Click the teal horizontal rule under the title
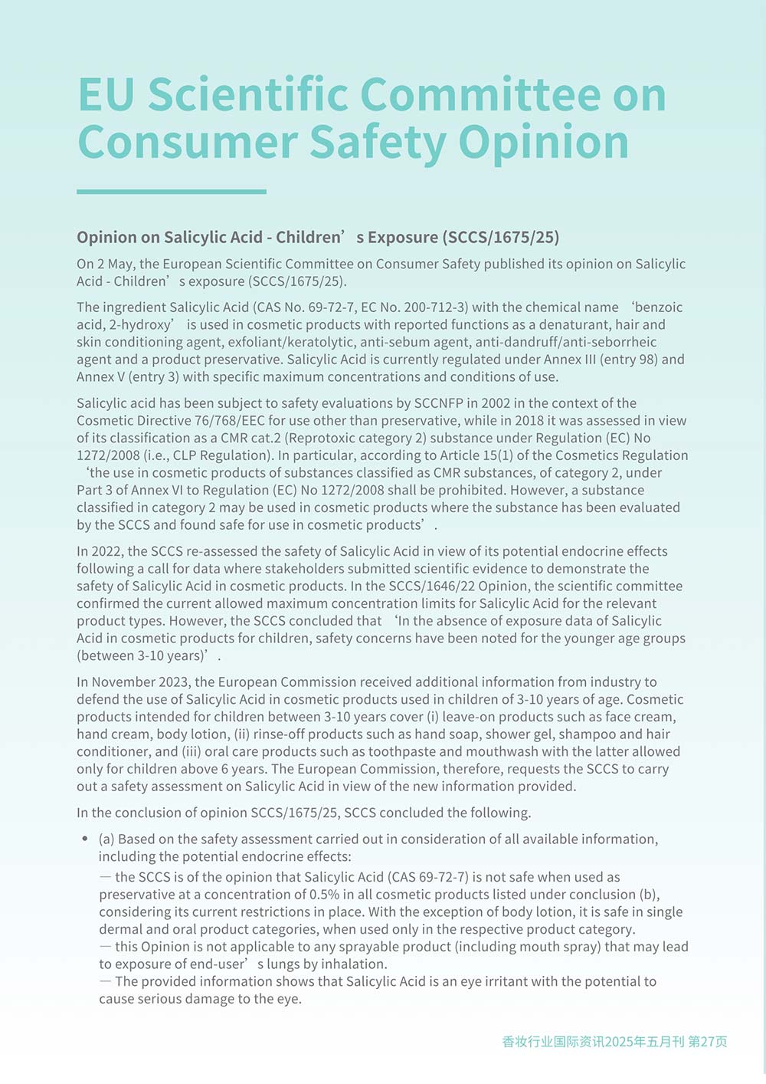(172, 192)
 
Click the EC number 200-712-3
(427, 307)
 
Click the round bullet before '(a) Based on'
(85, 839)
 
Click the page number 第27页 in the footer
(708, 1041)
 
